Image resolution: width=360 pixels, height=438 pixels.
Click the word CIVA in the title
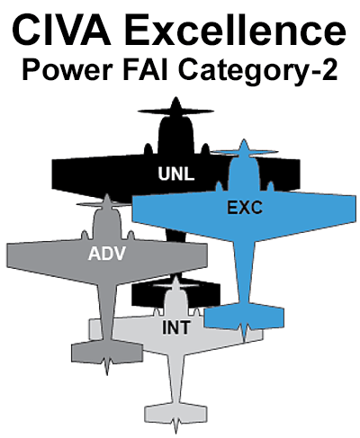tap(61, 30)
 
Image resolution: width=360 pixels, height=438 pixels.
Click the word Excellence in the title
tap(235, 30)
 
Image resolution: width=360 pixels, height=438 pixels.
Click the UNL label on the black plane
tap(176, 174)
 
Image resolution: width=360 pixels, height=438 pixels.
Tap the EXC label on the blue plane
tap(245, 208)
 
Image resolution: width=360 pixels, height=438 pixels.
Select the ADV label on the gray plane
tap(107, 254)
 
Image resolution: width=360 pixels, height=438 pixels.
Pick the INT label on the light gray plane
tap(175, 327)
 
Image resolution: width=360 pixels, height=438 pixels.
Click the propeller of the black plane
tap(175, 112)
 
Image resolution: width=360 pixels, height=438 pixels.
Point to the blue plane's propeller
tap(245, 152)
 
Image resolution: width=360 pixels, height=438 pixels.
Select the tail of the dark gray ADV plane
tap(107, 353)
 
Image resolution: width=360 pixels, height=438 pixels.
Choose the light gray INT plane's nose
tap(175, 282)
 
